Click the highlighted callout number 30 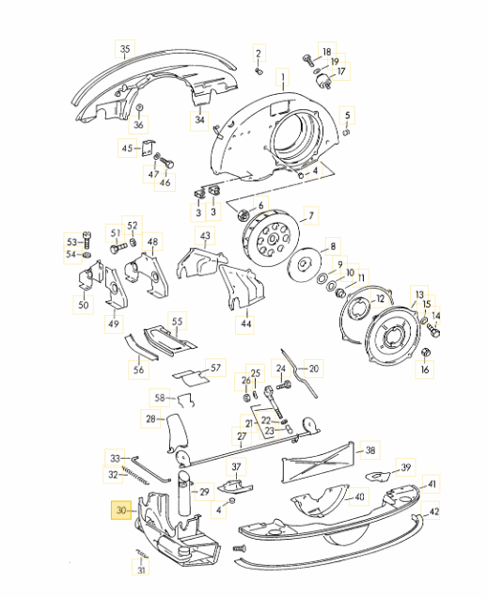pyautogui.click(x=121, y=510)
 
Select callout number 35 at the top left pyautogui.click(x=125, y=49)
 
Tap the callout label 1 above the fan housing pyautogui.click(x=283, y=77)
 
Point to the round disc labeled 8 pyautogui.click(x=304, y=264)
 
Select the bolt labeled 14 pyautogui.click(x=433, y=329)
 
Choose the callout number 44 pyautogui.click(x=246, y=323)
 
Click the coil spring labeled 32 pyautogui.click(x=135, y=476)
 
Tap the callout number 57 pyautogui.click(x=215, y=368)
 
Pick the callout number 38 pyautogui.click(x=370, y=450)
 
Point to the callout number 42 pyautogui.click(x=434, y=511)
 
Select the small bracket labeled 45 pyautogui.click(x=148, y=148)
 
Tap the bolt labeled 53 pyautogui.click(x=86, y=240)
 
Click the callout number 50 pyautogui.click(x=83, y=305)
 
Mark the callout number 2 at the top pyautogui.click(x=259, y=54)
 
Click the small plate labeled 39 pyautogui.click(x=378, y=476)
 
